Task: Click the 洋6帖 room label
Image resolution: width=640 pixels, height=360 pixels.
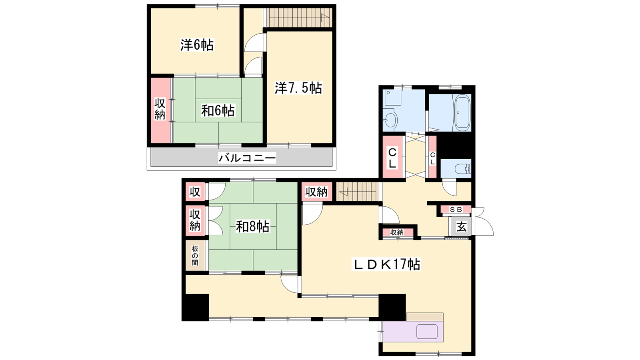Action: [x=197, y=45]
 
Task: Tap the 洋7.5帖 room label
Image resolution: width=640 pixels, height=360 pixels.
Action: [x=298, y=88]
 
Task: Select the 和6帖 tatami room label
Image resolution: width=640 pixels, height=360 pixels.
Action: [x=218, y=110]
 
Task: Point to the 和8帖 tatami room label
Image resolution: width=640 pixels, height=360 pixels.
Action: [x=252, y=227]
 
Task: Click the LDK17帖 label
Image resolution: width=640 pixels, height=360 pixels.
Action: [x=386, y=264]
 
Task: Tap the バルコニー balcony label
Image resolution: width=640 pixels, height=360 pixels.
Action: [x=247, y=158]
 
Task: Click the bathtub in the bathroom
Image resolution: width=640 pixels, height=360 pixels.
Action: [x=462, y=112]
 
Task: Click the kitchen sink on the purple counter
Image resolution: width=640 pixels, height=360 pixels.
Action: [x=427, y=332]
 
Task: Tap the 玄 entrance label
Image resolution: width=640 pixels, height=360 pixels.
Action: [x=462, y=227]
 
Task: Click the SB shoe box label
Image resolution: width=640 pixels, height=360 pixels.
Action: [x=456, y=210]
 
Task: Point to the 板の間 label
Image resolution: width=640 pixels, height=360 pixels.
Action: [x=195, y=256]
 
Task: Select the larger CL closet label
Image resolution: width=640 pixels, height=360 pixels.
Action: [x=392, y=158]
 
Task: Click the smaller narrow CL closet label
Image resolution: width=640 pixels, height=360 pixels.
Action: [x=432, y=158]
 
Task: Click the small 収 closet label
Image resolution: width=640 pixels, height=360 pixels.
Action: [x=195, y=192]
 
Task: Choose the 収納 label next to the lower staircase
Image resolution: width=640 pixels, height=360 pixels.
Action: [x=316, y=192]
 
